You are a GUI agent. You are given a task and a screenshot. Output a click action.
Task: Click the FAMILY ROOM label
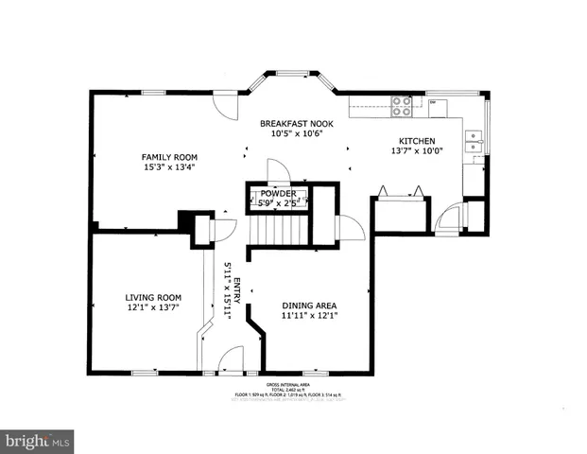pyautogui.click(x=169, y=157)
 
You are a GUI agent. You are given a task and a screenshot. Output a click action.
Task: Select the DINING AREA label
pyautogui.click(x=309, y=306)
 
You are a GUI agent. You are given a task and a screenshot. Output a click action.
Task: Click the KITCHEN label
pyautogui.click(x=415, y=141)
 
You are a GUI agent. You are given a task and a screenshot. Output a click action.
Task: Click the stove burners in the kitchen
pyautogui.click(x=401, y=106)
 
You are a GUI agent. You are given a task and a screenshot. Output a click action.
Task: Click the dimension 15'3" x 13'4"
pyautogui.click(x=169, y=168)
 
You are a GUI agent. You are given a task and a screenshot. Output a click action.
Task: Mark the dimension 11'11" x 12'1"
pyautogui.click(x=309, y=317)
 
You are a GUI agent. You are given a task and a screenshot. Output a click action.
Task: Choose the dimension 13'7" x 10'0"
pyautogui.click(x=415, y=152)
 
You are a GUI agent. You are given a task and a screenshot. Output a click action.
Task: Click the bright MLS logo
pyautogui.click(x=38, y=441)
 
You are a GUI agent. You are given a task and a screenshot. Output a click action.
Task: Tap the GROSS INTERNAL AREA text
pyautogui.click(x=293, y=384)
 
